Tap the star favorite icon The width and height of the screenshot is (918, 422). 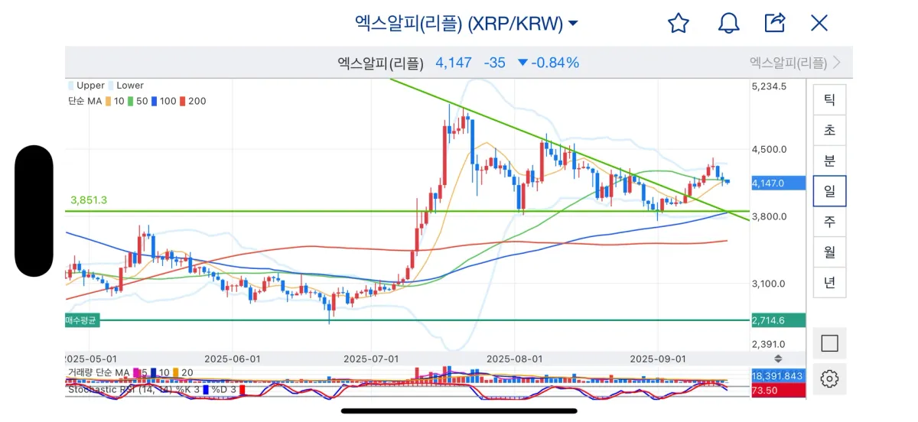coord(679,23)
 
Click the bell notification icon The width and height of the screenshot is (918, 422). coord(728,23)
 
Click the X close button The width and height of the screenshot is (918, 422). coord(819,23)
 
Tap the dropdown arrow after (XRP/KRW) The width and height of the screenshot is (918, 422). coord(573,24)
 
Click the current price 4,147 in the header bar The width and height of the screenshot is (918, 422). coord(454,63)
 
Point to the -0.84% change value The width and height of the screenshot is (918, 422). coord(554,63)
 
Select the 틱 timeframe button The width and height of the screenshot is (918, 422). coord(829,100)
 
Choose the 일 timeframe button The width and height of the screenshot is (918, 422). coord(829,191)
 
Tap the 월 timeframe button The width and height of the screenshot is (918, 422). coord(829,252)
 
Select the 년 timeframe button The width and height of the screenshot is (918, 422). coord(829,282)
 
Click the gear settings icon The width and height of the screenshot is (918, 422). coord(829,378)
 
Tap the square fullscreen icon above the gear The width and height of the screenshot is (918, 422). coord(829,344)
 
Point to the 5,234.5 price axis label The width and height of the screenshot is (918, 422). coord(770,86)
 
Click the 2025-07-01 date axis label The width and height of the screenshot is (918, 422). coord(371,359)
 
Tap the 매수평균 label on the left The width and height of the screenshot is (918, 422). coord(81,321)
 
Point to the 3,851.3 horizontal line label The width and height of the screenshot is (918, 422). coord(88,200)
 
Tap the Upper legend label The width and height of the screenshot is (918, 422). coord(90,86)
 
